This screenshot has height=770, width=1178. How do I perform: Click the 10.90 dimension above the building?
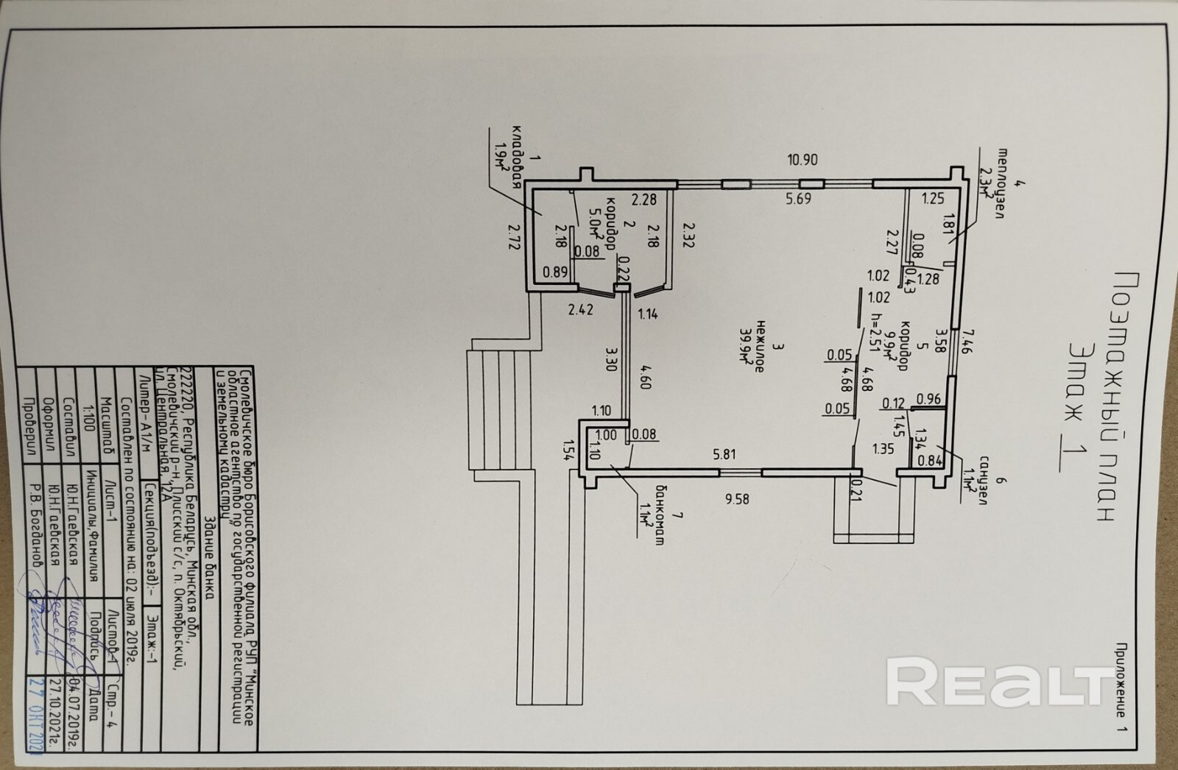[x=802, y=160]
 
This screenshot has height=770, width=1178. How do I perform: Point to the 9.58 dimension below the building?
[x=736, y=499]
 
